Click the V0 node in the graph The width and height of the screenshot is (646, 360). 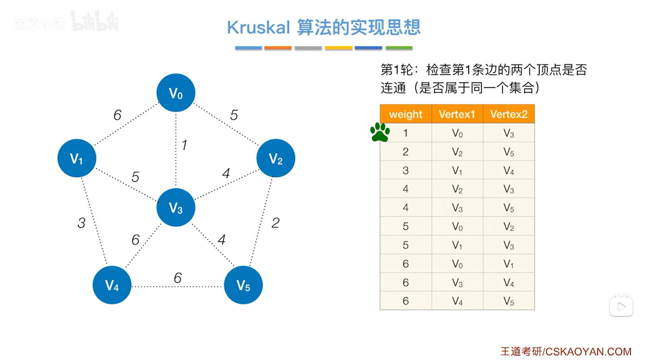[x=175, y=93]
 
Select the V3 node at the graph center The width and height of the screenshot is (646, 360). [x=175, y=207]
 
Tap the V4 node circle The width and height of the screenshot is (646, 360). [x=112, y=285]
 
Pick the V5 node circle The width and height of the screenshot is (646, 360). [x=243, y=285]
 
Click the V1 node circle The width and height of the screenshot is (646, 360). [x=77, y=158]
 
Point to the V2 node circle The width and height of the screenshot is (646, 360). [x=276, y=158]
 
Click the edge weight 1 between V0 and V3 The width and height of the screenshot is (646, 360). [x=184, y=145]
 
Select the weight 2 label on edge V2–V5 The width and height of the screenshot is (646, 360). [x=275, y=223]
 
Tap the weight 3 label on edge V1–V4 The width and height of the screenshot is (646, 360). [x=81, y=223]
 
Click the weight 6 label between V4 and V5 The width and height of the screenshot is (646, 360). [x=178, y=278]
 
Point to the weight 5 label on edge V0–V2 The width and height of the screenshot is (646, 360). [x=234, y=115]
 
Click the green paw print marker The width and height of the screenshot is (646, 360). [x=380, y=132]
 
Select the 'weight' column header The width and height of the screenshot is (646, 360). [x=405, y=114]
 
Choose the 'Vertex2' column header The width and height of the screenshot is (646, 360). [x=508, y=114]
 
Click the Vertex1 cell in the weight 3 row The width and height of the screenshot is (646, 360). [x=457, y=170]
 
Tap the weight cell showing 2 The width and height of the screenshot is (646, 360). [x=405, y=152]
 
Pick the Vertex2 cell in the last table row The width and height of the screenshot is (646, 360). [x=508, y=301]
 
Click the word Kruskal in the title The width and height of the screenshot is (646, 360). [x=258, y=27]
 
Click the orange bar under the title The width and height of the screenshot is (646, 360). [x=278, y=48]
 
